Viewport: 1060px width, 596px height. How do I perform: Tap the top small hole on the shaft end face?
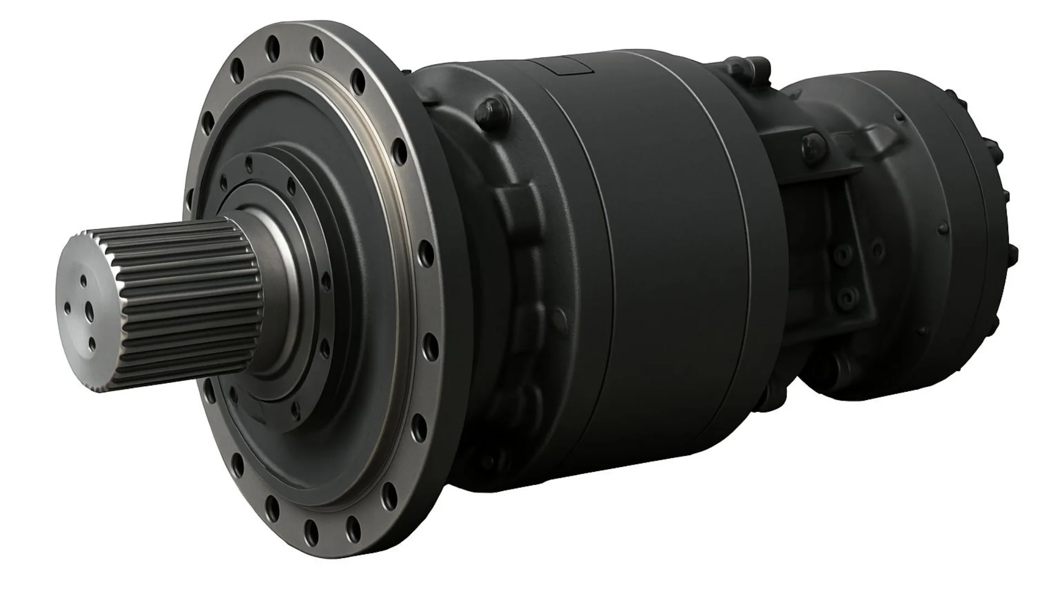[83, 281]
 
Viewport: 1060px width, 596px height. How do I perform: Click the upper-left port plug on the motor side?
[840, 254]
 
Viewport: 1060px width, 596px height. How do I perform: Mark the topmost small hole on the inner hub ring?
[249, 162]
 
